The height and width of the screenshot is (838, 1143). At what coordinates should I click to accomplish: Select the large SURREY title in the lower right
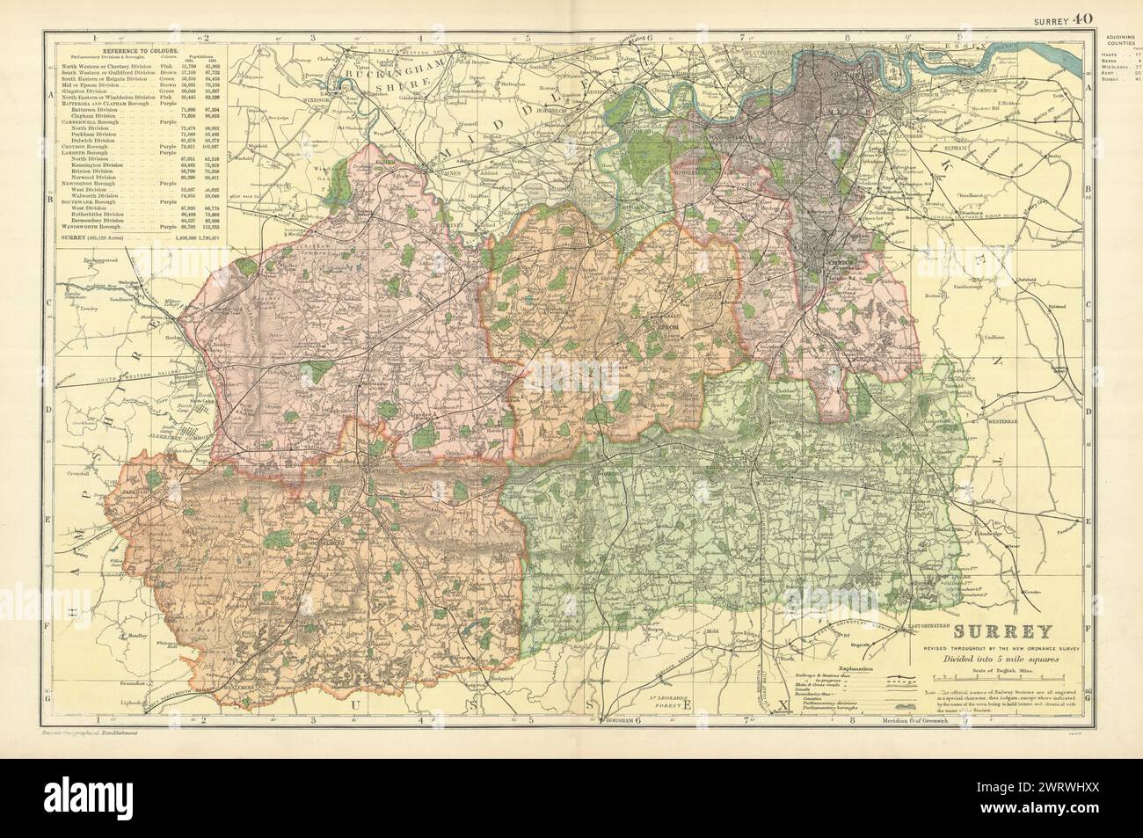click(989, 630)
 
